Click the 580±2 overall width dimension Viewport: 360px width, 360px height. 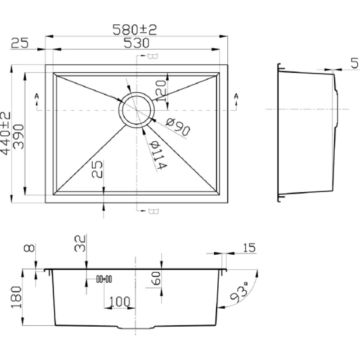pos(135,30)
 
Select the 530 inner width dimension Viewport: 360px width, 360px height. pos(136,43)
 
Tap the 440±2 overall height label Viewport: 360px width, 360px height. pos(5,133)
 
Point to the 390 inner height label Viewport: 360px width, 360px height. pos(18,137)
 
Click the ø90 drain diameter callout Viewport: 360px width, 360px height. pos(178,126)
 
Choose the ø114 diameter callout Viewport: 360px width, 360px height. pos(158,154)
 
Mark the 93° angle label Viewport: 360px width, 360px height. pos(239,292)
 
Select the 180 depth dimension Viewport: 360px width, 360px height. pos(16,297)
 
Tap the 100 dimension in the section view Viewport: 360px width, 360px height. pos(119,301)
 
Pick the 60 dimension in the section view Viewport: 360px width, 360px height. pos(156,278)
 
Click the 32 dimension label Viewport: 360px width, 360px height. pos(80,243)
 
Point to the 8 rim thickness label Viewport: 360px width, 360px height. pos(29,248)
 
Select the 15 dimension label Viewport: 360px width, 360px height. pos(249,248)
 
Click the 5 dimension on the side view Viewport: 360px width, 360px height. pos(355,63)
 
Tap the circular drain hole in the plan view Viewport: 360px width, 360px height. pos(137,110)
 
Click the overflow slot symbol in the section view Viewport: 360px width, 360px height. pos(104,279)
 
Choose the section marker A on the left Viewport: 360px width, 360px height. pos(37,96)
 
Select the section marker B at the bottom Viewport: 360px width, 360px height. pos(153,211)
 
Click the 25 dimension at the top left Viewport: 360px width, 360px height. pos(19,43)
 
